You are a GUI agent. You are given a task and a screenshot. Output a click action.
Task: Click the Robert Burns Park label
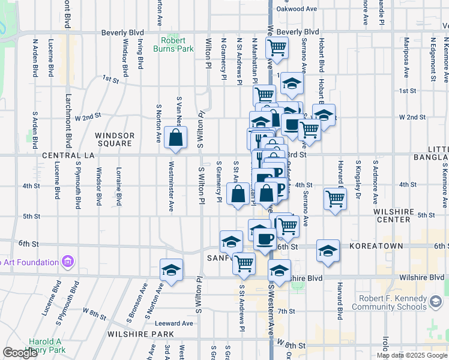point(177,45)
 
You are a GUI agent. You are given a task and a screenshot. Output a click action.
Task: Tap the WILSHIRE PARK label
point(140,334)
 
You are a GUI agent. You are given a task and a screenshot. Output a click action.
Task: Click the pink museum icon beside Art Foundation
point(68,262)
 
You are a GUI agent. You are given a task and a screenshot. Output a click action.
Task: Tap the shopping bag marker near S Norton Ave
point(174,137)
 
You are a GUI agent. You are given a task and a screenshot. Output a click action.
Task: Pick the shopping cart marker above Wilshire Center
point(335,199)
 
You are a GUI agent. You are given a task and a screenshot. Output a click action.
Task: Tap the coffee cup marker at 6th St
point(264,239)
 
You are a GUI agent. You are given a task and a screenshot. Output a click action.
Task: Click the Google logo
point(20,353)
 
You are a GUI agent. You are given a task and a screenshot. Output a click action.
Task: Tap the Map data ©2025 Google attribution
point(411,355)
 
